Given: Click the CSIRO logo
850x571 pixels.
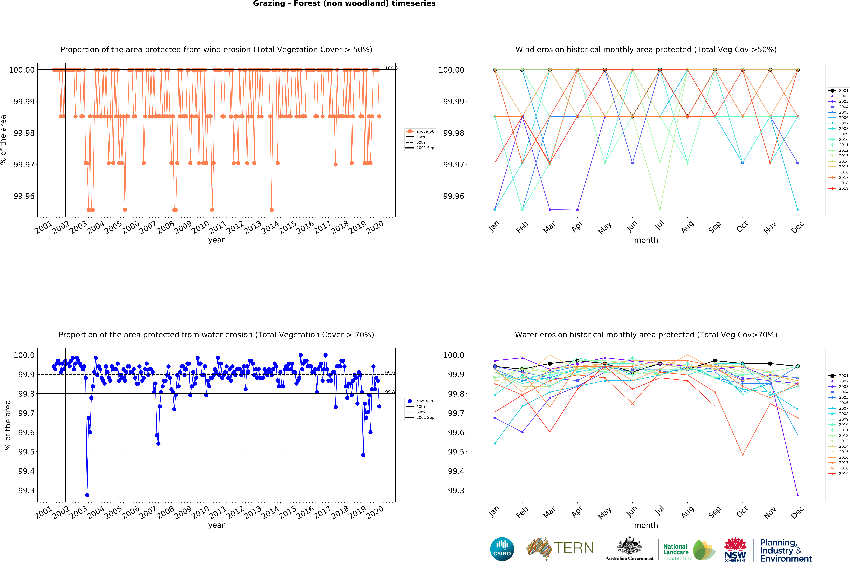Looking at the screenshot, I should (502, 549).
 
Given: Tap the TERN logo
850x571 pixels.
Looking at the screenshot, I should (560, 548).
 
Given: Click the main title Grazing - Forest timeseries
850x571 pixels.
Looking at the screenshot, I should (344, 4).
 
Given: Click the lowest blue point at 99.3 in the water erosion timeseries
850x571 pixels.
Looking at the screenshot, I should (87, 495).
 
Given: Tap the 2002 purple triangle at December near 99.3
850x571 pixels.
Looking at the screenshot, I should (798, 495).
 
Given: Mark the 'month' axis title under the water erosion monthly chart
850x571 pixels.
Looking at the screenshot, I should (646, 525).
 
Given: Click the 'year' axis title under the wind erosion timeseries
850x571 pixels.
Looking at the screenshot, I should (216, 240).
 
